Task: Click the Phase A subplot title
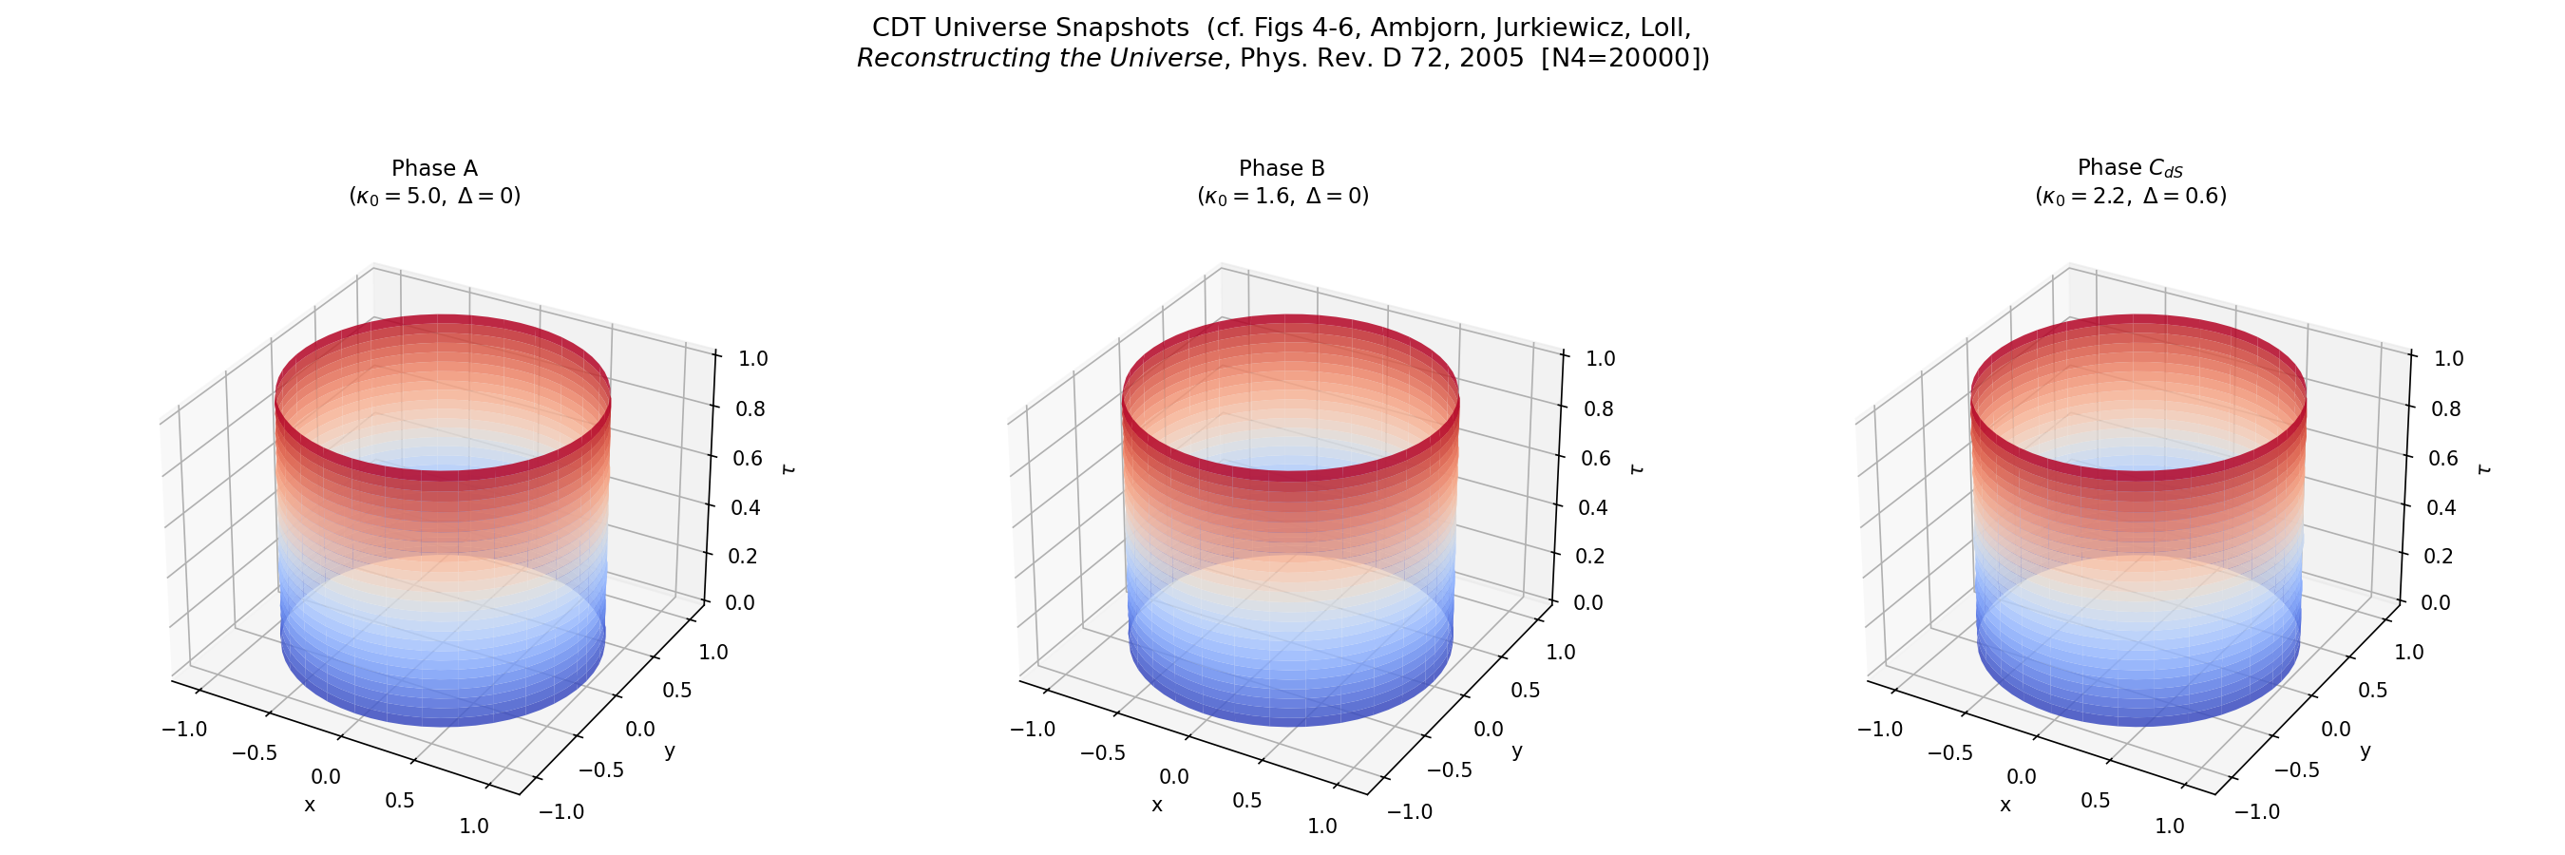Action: coord(434,168)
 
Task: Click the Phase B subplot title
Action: coord(1282,168)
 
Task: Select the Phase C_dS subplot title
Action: coord(2130,168)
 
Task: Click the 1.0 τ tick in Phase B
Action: coord(1599,358)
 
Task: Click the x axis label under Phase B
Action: coord(1157,805)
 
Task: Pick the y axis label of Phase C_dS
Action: coord(2365,750)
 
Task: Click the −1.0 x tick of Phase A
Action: coord(184,729)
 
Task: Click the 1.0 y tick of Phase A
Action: coord(712,652)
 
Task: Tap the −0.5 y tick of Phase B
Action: coord(1449,769)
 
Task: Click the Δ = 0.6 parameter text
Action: coord(2184,196)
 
